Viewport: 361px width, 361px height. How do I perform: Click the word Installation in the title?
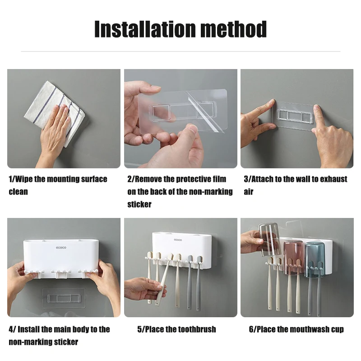(x=145, y=29)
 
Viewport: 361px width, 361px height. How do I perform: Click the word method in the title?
(x=234, y=29)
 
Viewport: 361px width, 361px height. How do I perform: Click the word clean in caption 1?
(x=18, y=191)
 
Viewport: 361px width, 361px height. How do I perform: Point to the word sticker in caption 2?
(x=139, y=204)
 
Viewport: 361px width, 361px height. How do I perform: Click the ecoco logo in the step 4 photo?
(x=61, y=247)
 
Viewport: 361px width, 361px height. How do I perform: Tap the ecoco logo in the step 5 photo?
(x=178, y=240)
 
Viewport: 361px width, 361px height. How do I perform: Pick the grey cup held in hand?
(x=269, y=240)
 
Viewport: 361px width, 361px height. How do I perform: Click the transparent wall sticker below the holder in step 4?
(x=64, y=298)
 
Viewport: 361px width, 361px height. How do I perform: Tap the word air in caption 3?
(x=249, y=191)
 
